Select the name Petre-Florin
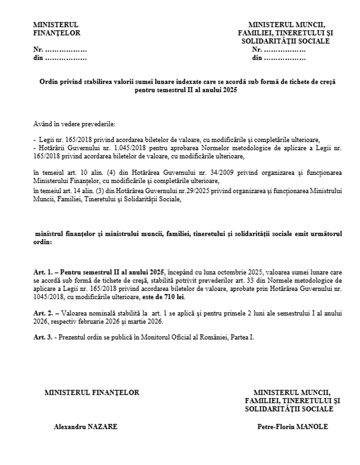click(274, 427)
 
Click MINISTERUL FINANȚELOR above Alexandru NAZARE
click(92, 392)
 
